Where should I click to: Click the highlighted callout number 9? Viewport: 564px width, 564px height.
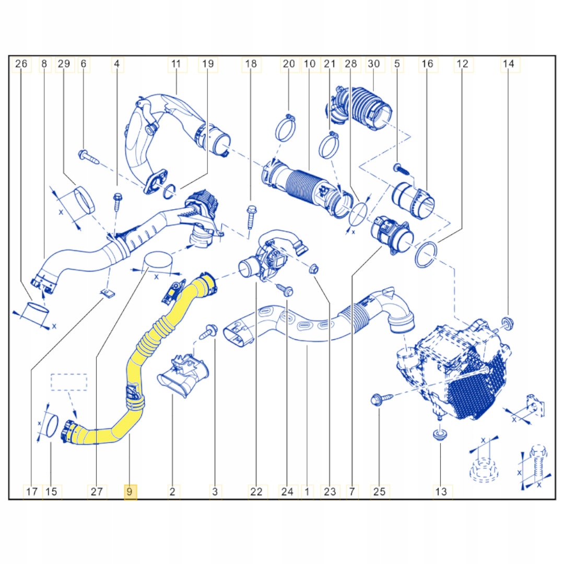130,491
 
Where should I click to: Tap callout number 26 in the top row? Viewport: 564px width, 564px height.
21,64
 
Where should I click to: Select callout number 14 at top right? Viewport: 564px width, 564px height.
508,64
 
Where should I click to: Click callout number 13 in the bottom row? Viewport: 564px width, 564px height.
441,491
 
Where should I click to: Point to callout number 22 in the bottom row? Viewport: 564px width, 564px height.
256,491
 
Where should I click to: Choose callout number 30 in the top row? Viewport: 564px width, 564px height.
374,64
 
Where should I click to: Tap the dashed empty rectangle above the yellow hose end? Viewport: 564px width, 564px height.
69,382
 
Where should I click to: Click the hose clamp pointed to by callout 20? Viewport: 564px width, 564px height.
286,128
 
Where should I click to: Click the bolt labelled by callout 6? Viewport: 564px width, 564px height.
88,157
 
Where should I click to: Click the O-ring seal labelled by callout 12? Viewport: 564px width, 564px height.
426,255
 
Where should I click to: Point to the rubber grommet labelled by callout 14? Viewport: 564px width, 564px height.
508,323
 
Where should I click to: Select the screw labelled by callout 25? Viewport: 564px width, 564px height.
381,399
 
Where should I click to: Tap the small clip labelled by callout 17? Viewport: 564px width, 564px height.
108,293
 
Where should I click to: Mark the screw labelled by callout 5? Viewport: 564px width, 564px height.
402,169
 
